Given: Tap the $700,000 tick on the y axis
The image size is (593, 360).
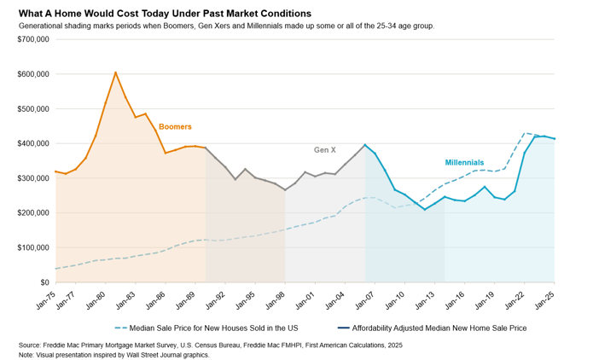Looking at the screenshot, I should click(x=32, y=39).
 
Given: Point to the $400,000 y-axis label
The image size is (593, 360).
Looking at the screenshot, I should click(x=32, y=143).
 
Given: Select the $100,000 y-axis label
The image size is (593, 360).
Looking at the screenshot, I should click(x=32, y=247).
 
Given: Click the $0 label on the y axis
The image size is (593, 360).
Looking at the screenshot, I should click(x=43, y=282).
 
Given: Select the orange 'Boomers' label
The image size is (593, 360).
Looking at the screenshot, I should click(x=175, y=127).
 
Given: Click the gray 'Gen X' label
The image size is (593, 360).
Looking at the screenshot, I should click(x=325, y=149).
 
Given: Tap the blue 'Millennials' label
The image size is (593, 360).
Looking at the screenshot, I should click(x=464, y=162).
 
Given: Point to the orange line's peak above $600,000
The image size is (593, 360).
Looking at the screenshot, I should click(x=116, y=73).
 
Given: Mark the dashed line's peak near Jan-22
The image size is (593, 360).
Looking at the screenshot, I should click(x=526, y=133).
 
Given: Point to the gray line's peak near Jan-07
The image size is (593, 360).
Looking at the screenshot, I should click(x=365, y=145).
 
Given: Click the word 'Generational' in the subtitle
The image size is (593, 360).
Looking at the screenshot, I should click(x=41, y=26).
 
